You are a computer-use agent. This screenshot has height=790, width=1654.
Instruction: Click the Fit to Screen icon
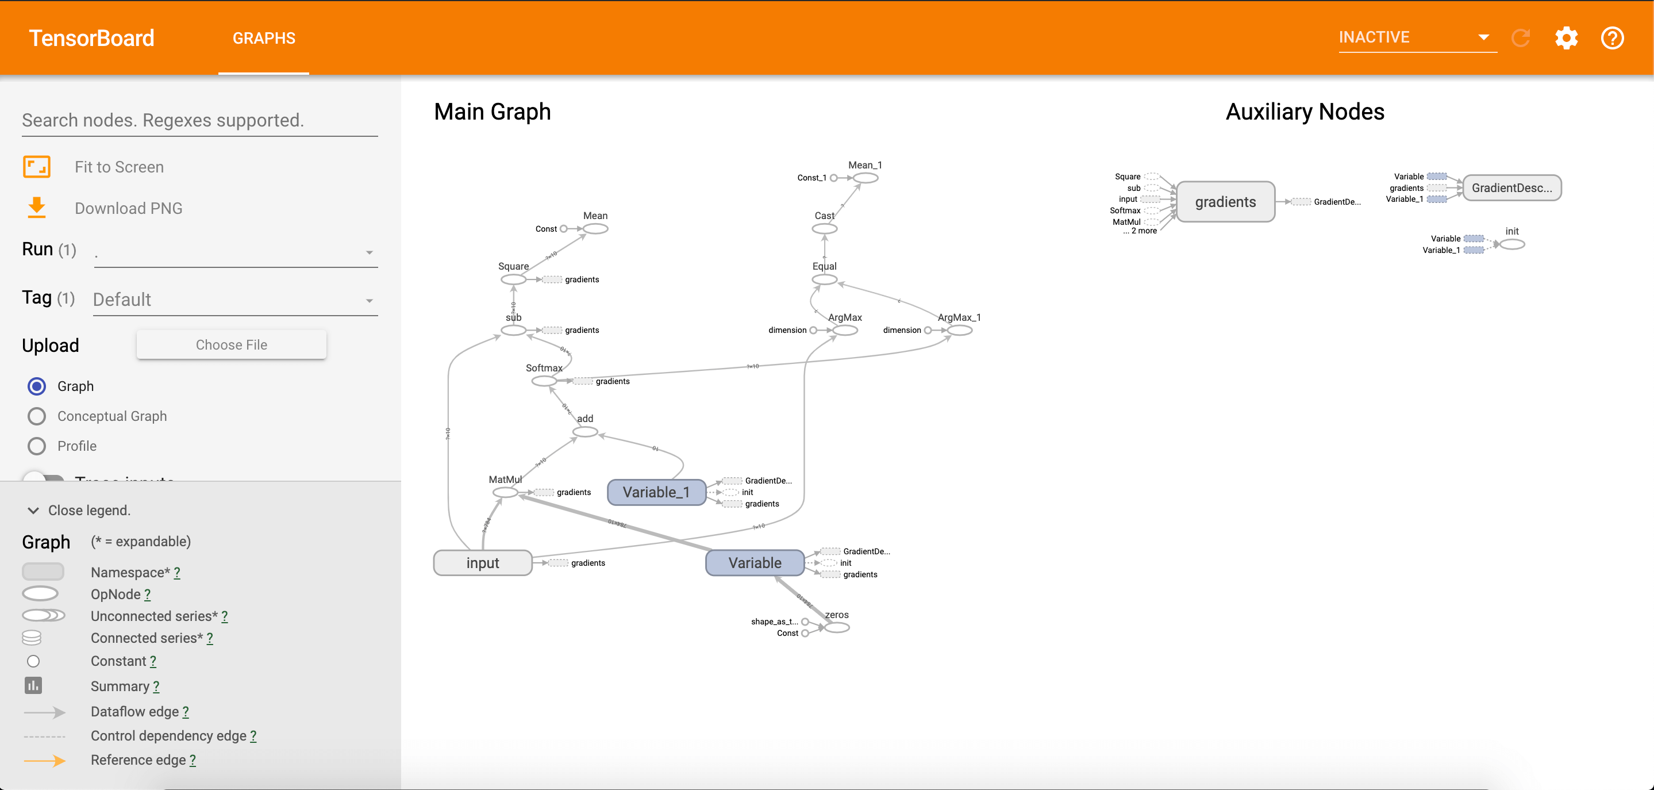click(37, 167)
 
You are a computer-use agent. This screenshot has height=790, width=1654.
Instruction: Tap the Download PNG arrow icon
click(37, 208)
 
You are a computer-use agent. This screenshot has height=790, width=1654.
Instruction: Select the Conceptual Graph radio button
click(37, 416)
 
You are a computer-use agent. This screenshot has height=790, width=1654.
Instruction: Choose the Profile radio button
click(37, 446)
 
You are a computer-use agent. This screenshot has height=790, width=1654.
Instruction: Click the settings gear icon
click(1566, 38)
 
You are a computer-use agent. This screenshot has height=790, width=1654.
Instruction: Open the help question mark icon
click(1612, 38)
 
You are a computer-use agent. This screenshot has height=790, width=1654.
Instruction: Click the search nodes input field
click(199, 120)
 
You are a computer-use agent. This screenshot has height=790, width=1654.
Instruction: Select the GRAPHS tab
click(264, 38)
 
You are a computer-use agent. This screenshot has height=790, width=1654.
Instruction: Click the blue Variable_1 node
click(656, 492)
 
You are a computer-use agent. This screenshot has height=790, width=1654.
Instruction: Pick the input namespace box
click(483, 563)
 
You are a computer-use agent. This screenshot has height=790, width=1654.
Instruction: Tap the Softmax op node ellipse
click(544, 381)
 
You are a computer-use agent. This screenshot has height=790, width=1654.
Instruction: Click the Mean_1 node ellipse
click(866, 178)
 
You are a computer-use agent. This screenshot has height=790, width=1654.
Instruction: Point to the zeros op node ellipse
click(837, 627)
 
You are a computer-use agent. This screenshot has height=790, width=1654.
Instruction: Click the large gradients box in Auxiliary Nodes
click(1226, 202)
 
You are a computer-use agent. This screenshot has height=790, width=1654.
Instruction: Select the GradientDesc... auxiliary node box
click(1511, 187)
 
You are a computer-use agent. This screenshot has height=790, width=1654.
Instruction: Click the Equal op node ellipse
click(825, 279)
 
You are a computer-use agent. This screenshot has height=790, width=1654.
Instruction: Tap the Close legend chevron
click(33, 511)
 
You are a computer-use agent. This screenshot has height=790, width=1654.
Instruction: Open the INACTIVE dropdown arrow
click(1483, 37)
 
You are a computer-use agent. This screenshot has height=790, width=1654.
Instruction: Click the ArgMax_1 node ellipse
click(959, 330)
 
